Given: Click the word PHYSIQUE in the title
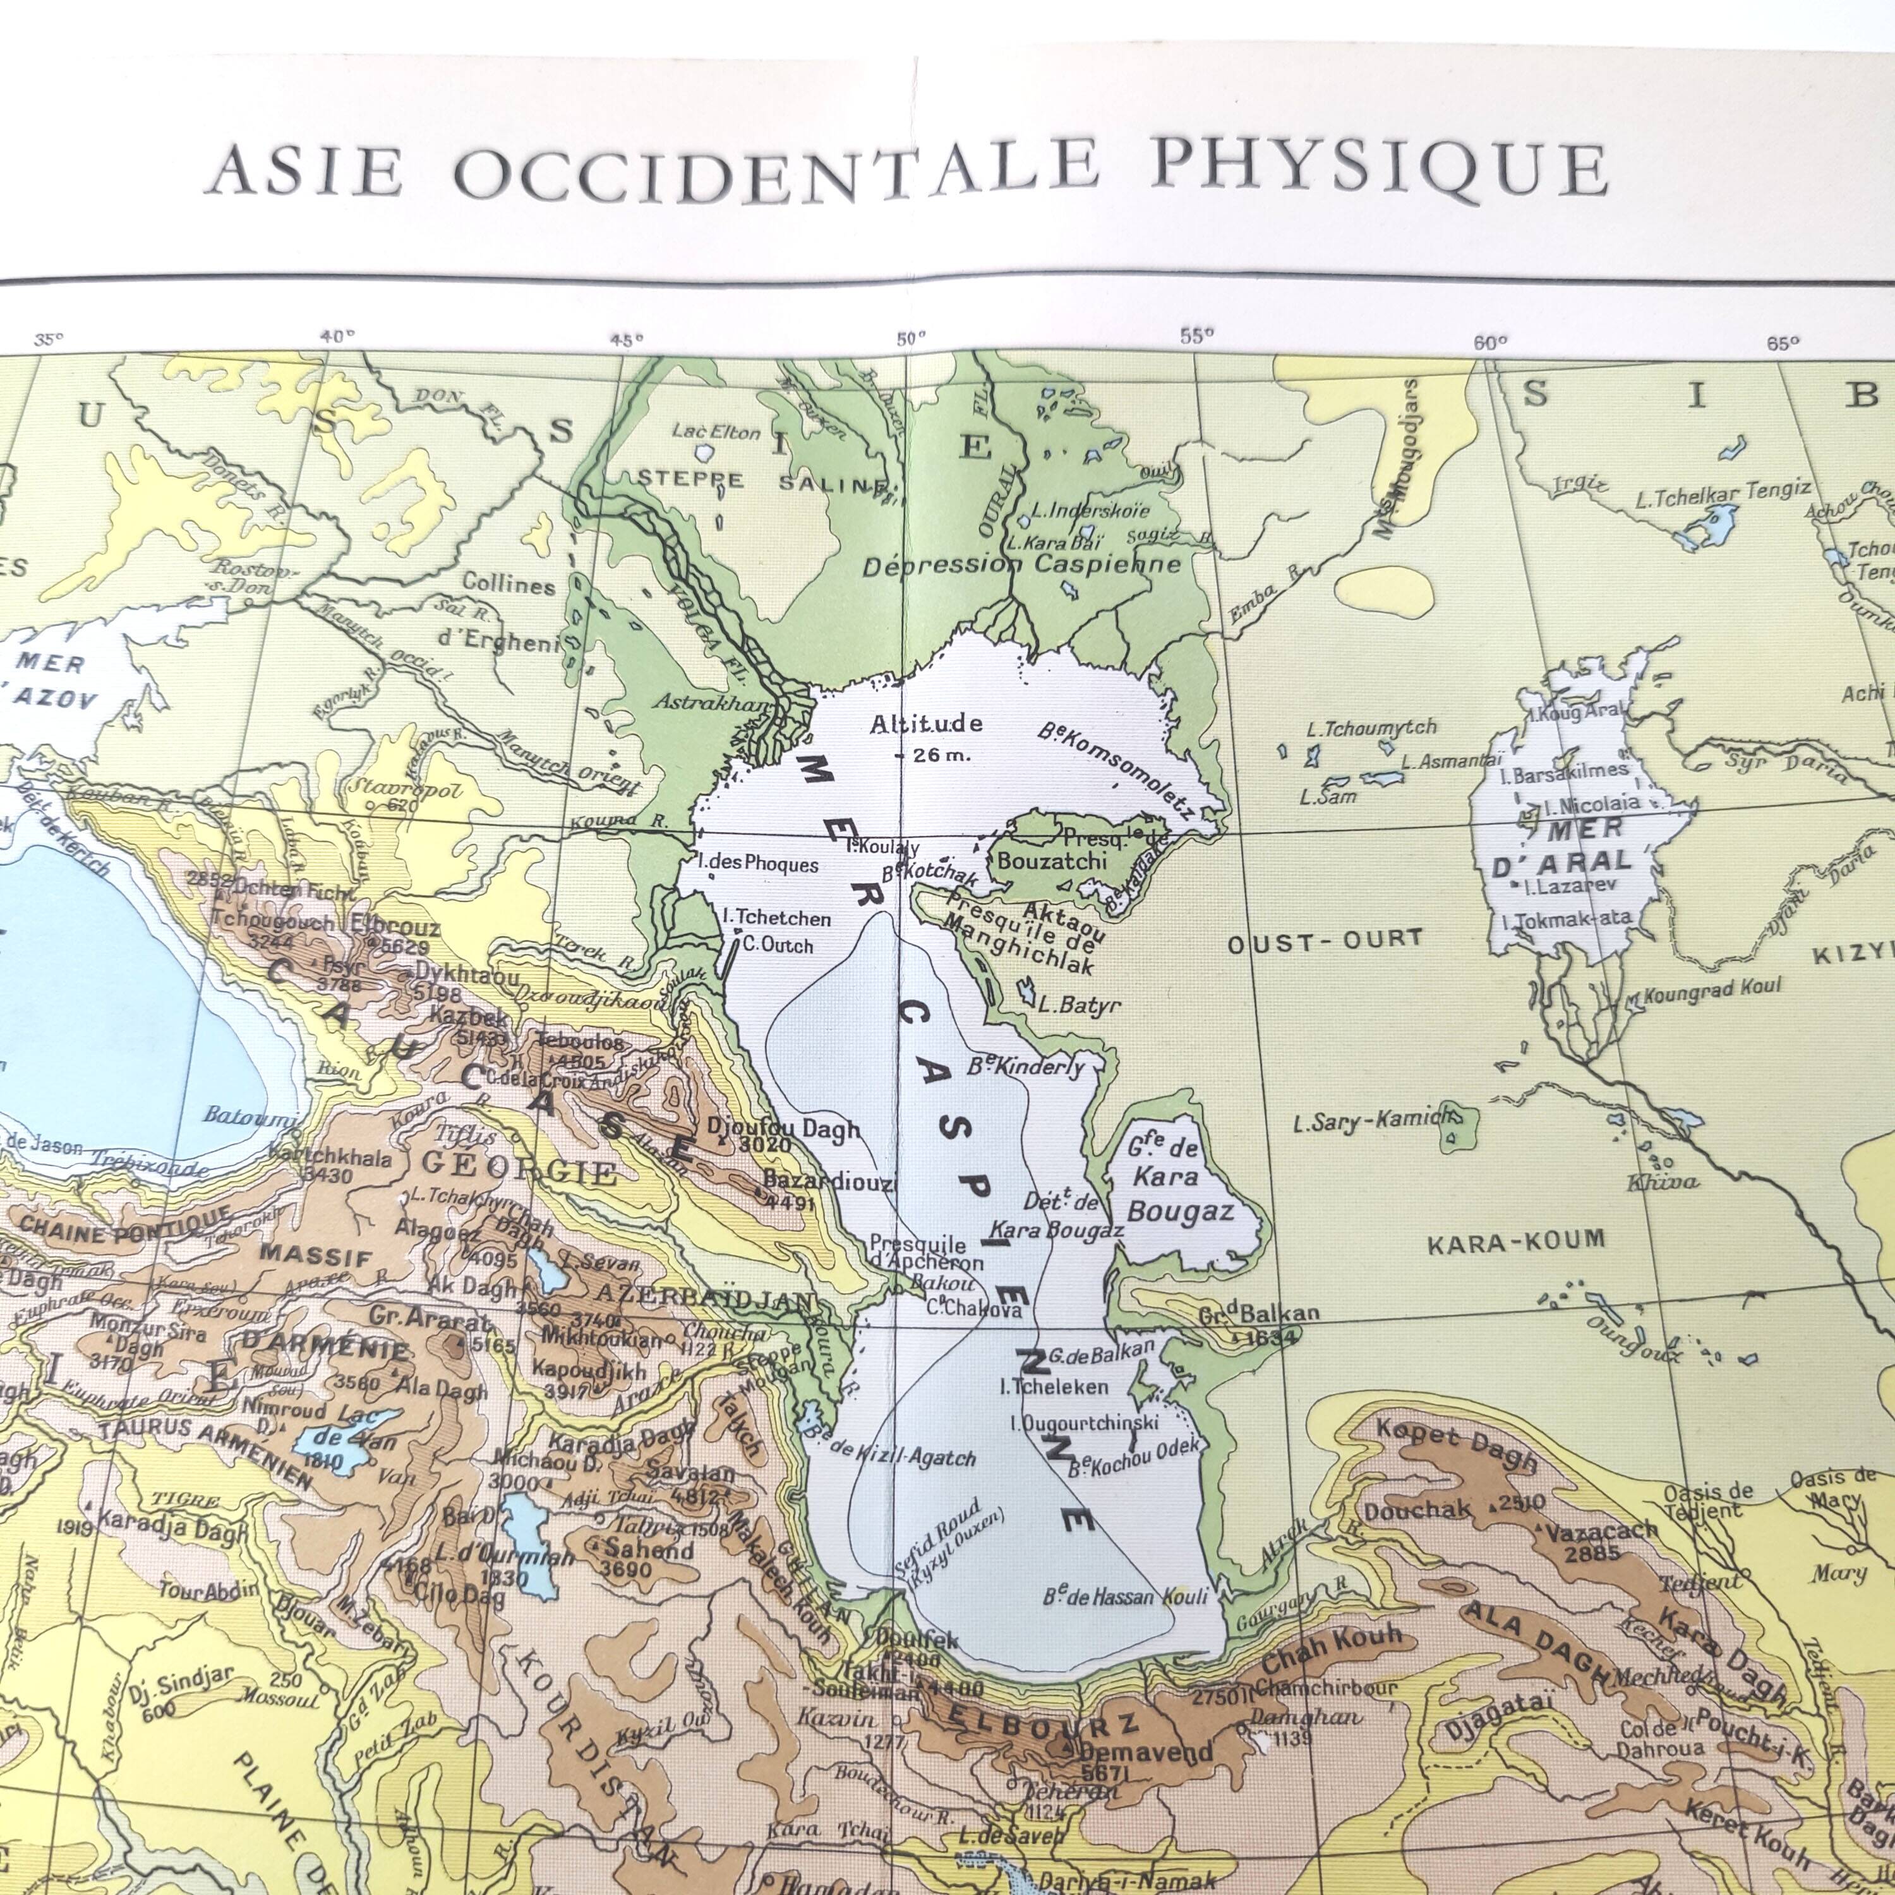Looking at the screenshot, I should [1378, 167].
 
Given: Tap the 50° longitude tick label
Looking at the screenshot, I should [909, 339].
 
